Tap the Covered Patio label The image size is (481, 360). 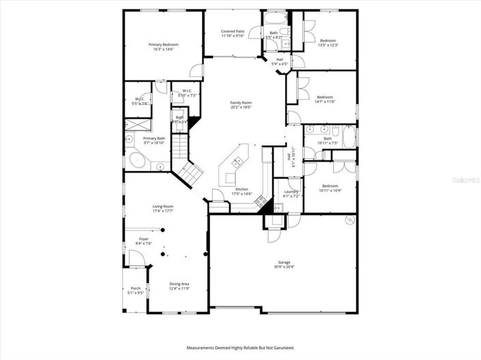coord(233,31)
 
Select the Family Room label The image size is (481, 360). coord(241,102)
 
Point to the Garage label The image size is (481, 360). coord(284,262)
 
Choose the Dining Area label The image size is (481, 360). coord(179,284)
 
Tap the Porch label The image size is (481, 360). coord(136,288)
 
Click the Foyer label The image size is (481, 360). coord(143,239)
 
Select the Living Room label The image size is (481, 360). coord(162,206)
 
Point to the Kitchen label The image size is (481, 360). coord(242,189)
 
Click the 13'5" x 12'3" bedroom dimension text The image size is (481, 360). coord(327,46)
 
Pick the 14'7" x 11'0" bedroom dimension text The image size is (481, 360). coord(325,101)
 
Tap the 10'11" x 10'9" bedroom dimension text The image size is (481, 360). coord(330,190)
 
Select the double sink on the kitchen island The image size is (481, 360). coord(237,162)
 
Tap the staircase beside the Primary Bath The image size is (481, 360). coord(179,146)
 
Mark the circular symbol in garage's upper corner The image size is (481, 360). coord(349,220)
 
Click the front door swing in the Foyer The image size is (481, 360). coord(135,257)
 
